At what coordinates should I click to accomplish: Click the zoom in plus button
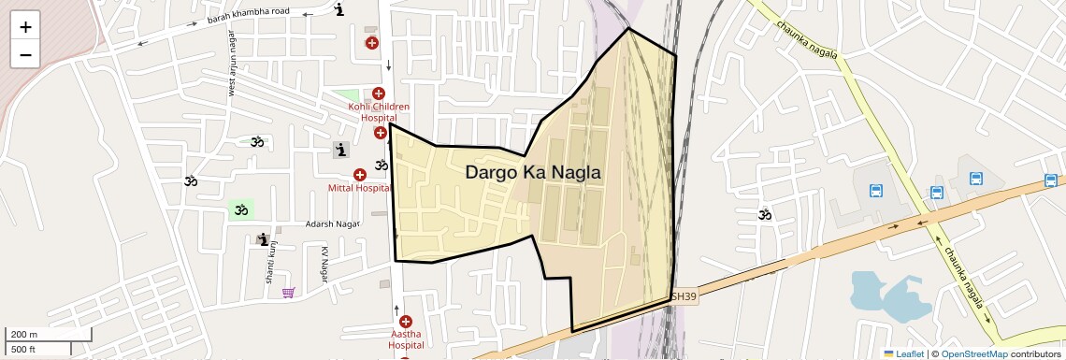click(25, 27)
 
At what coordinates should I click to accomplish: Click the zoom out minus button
click(25, 54)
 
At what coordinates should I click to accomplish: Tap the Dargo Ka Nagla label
click(532, 173)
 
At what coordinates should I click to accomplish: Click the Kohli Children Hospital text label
click(379, 112)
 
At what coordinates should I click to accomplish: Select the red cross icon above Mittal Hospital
click(360, 175)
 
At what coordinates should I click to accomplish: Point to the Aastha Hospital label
click(405, 339)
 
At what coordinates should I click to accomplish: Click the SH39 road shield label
click(684, 296)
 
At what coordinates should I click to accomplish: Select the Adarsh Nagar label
click(333, 224)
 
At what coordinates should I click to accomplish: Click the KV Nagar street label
click(324, 265)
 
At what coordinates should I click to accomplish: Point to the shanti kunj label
click(269, 266)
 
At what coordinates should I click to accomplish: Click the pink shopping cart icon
click(289, 293)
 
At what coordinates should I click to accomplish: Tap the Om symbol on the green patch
click(241, 209)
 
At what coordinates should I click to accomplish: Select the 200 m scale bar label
click(24, 334)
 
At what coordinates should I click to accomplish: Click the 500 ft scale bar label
click(22, 349)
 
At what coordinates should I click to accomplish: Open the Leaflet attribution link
click(903, 353)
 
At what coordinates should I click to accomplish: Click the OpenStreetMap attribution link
click(973, 353)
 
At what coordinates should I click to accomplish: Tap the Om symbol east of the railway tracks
click(765, 215)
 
